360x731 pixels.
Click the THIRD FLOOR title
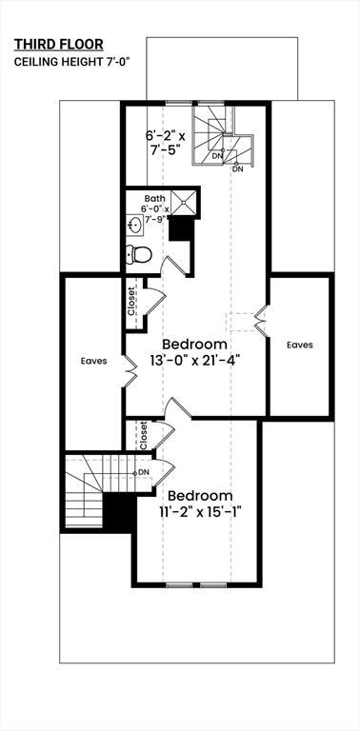coord(58,44)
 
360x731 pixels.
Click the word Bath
coord(154,198)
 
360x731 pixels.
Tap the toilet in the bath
coord(139,254)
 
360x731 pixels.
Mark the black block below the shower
coord(180,229)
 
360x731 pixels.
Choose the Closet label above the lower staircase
coord(143,436)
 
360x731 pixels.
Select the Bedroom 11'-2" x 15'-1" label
coord(200,504)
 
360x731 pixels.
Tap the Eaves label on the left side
coord(93,362)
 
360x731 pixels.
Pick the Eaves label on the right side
coord(299,345)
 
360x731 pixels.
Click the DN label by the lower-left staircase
coord(144,472)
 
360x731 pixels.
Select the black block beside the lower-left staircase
coord(117,515)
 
